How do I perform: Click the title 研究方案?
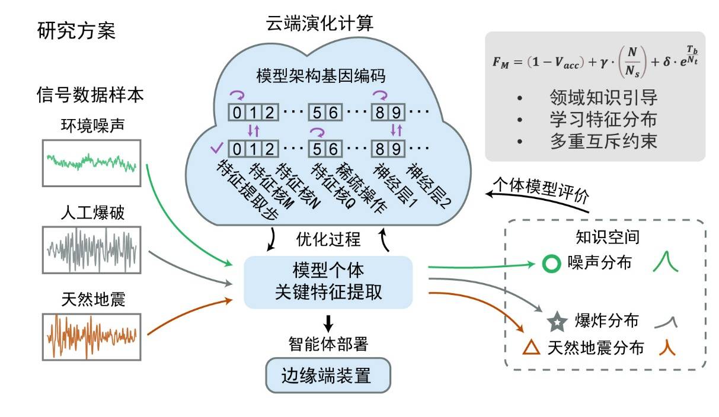coord(76,31)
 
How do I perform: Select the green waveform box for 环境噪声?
coord(91,162)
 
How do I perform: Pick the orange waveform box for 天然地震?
coord(91,336)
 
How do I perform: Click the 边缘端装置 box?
coord(328,375)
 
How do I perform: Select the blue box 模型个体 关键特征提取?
coord(328,282)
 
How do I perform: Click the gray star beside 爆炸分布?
coord(557,322)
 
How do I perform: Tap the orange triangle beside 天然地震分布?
coord(532,348)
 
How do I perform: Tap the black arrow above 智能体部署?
coord(328,323)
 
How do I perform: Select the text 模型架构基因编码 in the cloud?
coord(321,78)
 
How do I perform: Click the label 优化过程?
coord(328,239)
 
